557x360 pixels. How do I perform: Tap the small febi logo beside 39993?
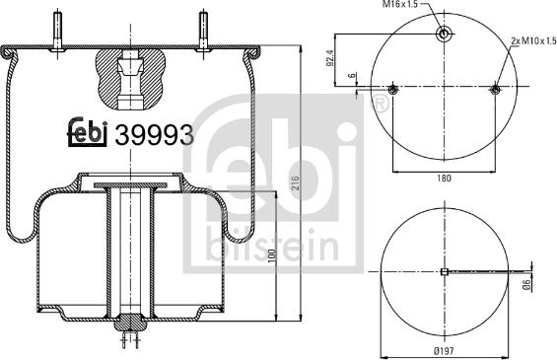(89, 135)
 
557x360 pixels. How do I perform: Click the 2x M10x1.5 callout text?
(531, 40)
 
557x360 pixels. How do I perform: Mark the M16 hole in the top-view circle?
(445, 35)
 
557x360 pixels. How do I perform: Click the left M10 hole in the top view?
(392, 92)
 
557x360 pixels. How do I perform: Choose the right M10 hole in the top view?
(495, 92)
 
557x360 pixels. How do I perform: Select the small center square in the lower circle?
(445, 272)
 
